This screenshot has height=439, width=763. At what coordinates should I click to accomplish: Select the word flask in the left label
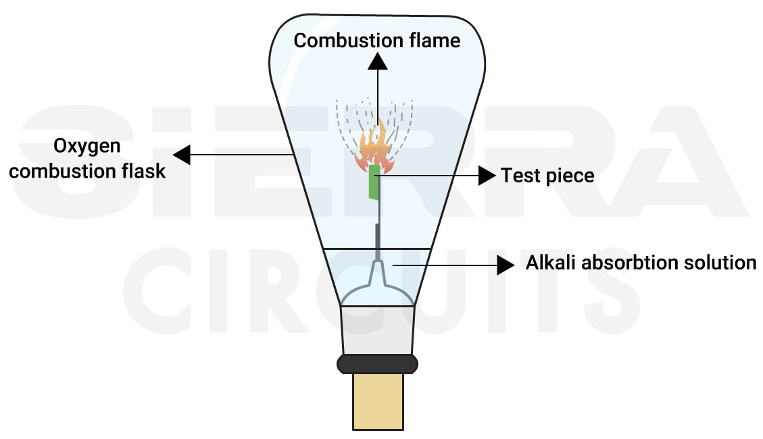click(143, 171)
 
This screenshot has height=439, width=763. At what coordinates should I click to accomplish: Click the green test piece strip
click(374, 182)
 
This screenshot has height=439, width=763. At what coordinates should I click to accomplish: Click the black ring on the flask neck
click(377, 363)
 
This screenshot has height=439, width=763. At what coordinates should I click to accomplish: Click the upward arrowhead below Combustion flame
click(378, 61)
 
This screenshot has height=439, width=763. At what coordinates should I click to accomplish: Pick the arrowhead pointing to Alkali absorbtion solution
click(506, 265)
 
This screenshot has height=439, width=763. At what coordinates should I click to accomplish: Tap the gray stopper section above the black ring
click(377, 330)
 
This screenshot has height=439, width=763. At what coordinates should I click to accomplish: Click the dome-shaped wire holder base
click(377, 296)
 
